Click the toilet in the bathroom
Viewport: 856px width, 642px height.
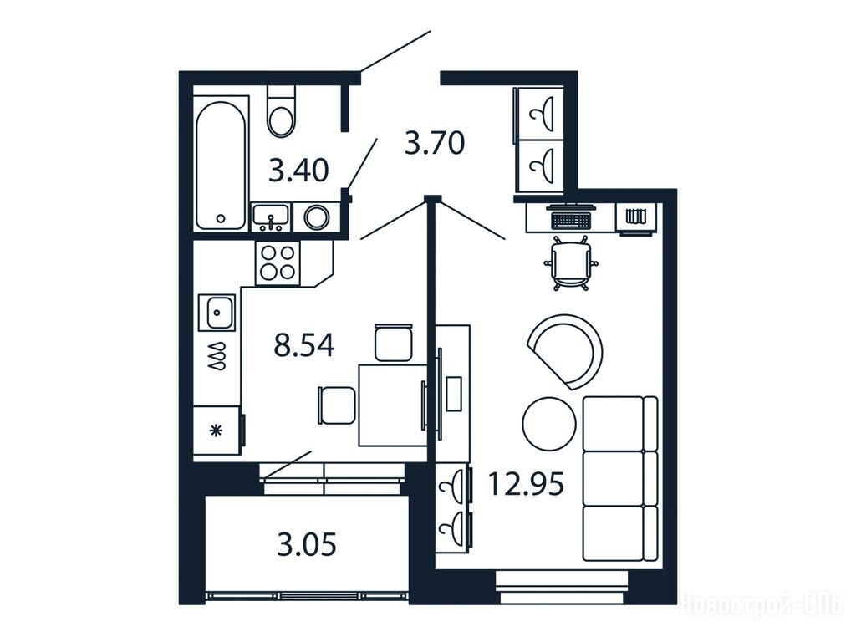281,111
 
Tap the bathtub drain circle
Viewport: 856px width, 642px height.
221,218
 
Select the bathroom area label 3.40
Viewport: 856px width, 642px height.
298,170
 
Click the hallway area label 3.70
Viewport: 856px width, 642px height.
435,143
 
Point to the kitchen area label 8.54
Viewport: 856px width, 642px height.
304,345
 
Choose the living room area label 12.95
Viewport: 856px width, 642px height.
526,484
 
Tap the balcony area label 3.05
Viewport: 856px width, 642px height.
306,545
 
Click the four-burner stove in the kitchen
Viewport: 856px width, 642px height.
278,262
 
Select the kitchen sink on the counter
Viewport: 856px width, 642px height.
217,313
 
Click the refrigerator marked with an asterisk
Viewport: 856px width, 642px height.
217,431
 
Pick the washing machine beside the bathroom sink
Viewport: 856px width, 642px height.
317,217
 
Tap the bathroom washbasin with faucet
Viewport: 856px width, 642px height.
271,217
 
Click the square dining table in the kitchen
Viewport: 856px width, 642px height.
392,405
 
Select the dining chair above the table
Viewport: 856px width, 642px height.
393,342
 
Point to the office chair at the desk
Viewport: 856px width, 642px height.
570,263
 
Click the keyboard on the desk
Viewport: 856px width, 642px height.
571,221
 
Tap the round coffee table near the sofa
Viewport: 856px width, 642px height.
548,424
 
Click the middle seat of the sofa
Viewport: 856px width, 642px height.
619,478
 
